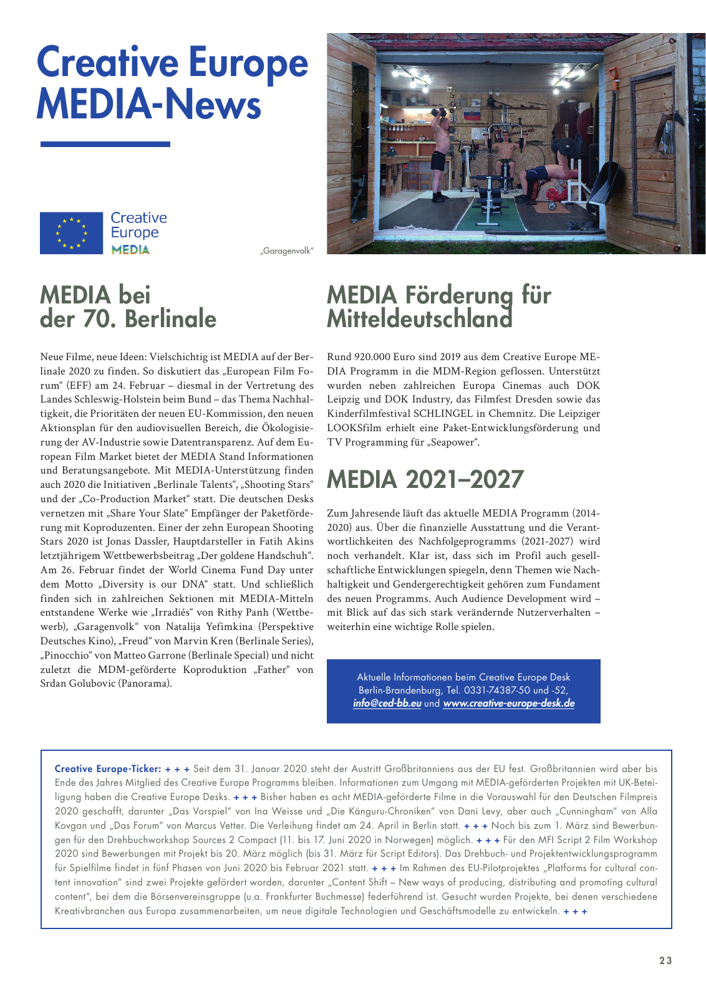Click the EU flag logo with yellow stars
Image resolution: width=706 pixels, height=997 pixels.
pos(71,233)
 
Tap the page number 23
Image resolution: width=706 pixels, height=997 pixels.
pos(665,960)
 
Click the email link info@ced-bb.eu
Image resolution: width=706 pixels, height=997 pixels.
pos(387,704)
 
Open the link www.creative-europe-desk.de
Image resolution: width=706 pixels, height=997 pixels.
pos(508,704)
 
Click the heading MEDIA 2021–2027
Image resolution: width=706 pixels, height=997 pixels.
pos(425,479)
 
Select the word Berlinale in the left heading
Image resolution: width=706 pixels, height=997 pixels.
pos(170,319)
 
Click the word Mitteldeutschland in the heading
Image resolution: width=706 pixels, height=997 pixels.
pos(419,319)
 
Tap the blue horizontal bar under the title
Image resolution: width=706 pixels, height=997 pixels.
pos(105,145)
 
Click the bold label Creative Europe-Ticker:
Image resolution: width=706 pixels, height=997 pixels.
pos(108,769)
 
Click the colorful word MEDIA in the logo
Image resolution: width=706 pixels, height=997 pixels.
pos(130,250)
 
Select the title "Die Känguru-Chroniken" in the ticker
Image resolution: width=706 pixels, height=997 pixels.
pos(380,811)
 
